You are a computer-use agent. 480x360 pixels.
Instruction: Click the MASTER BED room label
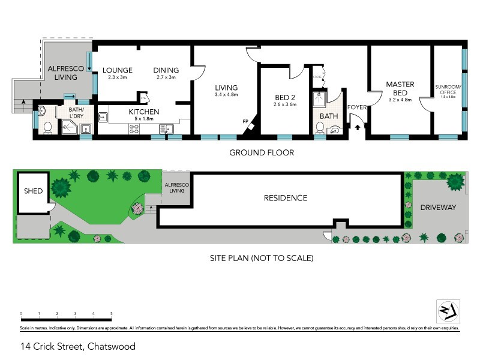[397, 89]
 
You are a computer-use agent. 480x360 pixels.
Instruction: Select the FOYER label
[357, 107]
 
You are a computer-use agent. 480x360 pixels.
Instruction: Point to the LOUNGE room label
[117, 69]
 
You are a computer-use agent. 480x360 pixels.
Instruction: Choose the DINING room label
[166, 69]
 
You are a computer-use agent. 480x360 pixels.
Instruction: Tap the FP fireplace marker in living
[245, 122]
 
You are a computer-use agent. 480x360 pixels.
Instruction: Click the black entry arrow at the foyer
[358, 127]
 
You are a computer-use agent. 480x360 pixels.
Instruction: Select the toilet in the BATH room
[320, 128]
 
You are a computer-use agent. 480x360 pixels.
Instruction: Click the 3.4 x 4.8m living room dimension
[227, 95]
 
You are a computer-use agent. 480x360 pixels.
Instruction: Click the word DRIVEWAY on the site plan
[437, 208]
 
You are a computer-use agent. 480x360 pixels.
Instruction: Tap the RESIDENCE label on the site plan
[286, 198]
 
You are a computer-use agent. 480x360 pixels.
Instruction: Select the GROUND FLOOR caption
[262, 153]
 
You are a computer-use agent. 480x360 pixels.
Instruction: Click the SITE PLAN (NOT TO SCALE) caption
[262, 259]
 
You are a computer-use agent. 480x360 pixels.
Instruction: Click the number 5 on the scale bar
[112, 314]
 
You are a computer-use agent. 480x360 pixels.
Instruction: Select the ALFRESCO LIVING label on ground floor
[66, 73]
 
